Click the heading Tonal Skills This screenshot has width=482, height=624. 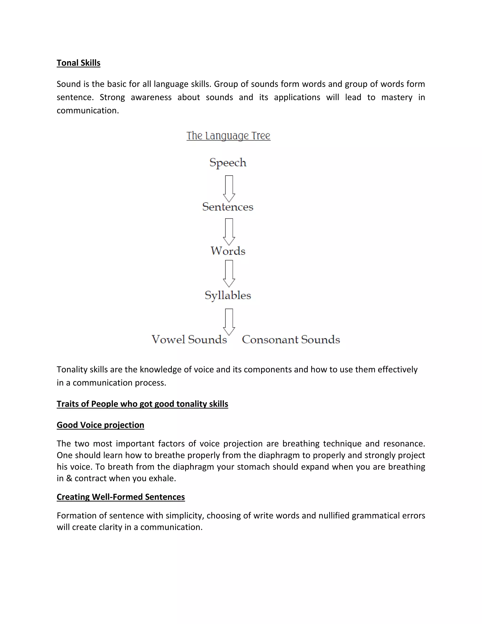click(79, 63)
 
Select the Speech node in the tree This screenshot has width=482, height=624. click(228, 162)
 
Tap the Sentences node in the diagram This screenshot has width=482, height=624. click(228, 207)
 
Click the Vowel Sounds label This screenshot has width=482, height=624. click(189, 339)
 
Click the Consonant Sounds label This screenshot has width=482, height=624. click(291, 339)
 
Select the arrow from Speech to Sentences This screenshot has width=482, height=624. click(229, 189)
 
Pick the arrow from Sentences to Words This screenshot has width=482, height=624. click(229, 232)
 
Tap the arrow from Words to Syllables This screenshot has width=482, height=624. click(229, 273)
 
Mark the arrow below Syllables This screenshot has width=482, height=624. click(229, 322)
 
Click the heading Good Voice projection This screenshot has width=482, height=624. click(100, 425)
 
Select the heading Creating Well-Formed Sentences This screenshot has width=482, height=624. click(120, 497)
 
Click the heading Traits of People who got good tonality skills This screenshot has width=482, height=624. click(142, 404)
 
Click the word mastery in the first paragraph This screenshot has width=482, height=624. click(397, 97)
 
